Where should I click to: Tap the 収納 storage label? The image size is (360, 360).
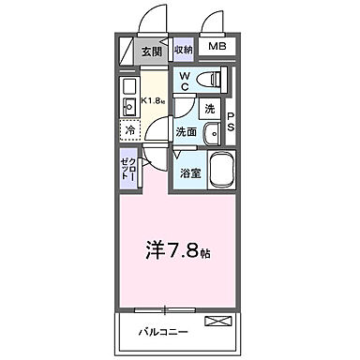[x=183, y=50]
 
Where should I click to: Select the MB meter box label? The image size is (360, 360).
[x=217, y=47]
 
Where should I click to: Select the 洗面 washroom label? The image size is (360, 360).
[x=187, y=131]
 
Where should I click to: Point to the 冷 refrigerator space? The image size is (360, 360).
[x=132, y=131]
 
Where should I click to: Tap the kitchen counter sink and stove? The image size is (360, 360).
[x=129, y=98]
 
